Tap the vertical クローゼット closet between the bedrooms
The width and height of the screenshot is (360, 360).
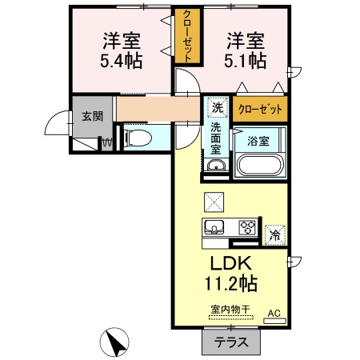(186, 37)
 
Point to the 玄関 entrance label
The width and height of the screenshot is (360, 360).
(92, 116)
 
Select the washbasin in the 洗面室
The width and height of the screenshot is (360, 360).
(215, 166)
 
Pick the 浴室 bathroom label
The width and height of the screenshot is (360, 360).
(258, 141)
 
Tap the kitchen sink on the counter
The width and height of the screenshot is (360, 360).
(215, 226)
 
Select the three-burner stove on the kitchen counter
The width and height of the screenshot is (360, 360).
(247, 226)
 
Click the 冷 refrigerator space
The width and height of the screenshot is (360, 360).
(274, 234)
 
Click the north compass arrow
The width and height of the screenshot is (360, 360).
(117, 344)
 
